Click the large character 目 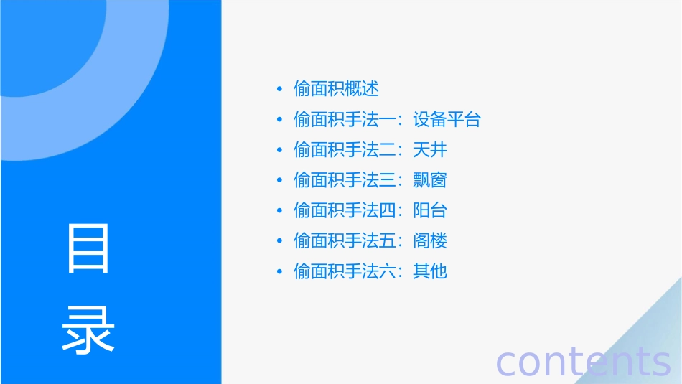88,248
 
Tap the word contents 583,361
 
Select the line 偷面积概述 336,89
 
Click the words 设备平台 447,119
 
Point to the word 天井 430,150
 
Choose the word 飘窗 430,180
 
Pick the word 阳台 430,210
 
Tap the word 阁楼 430,240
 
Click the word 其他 430,271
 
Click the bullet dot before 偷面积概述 279,90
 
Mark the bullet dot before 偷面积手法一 279,120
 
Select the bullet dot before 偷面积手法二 279,151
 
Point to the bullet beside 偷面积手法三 279,181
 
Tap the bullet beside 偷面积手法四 279,211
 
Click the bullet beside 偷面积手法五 279,241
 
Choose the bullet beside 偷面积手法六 279,272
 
